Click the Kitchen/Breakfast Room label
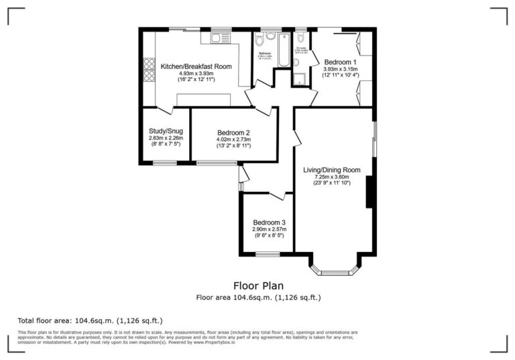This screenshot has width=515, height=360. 196,66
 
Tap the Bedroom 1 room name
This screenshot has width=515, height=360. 341,62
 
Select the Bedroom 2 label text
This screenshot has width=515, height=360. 233,132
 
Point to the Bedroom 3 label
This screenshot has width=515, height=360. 269,223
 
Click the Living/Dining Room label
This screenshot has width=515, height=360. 331,170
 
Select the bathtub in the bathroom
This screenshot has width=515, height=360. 284,49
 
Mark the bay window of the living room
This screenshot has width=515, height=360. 335,272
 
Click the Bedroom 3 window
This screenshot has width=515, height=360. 268,253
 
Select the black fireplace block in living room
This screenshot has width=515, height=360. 369,194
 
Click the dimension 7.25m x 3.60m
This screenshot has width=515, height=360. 331,177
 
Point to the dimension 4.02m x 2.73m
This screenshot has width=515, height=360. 233,139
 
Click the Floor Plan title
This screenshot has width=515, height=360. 257,286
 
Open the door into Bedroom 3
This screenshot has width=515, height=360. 277,196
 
